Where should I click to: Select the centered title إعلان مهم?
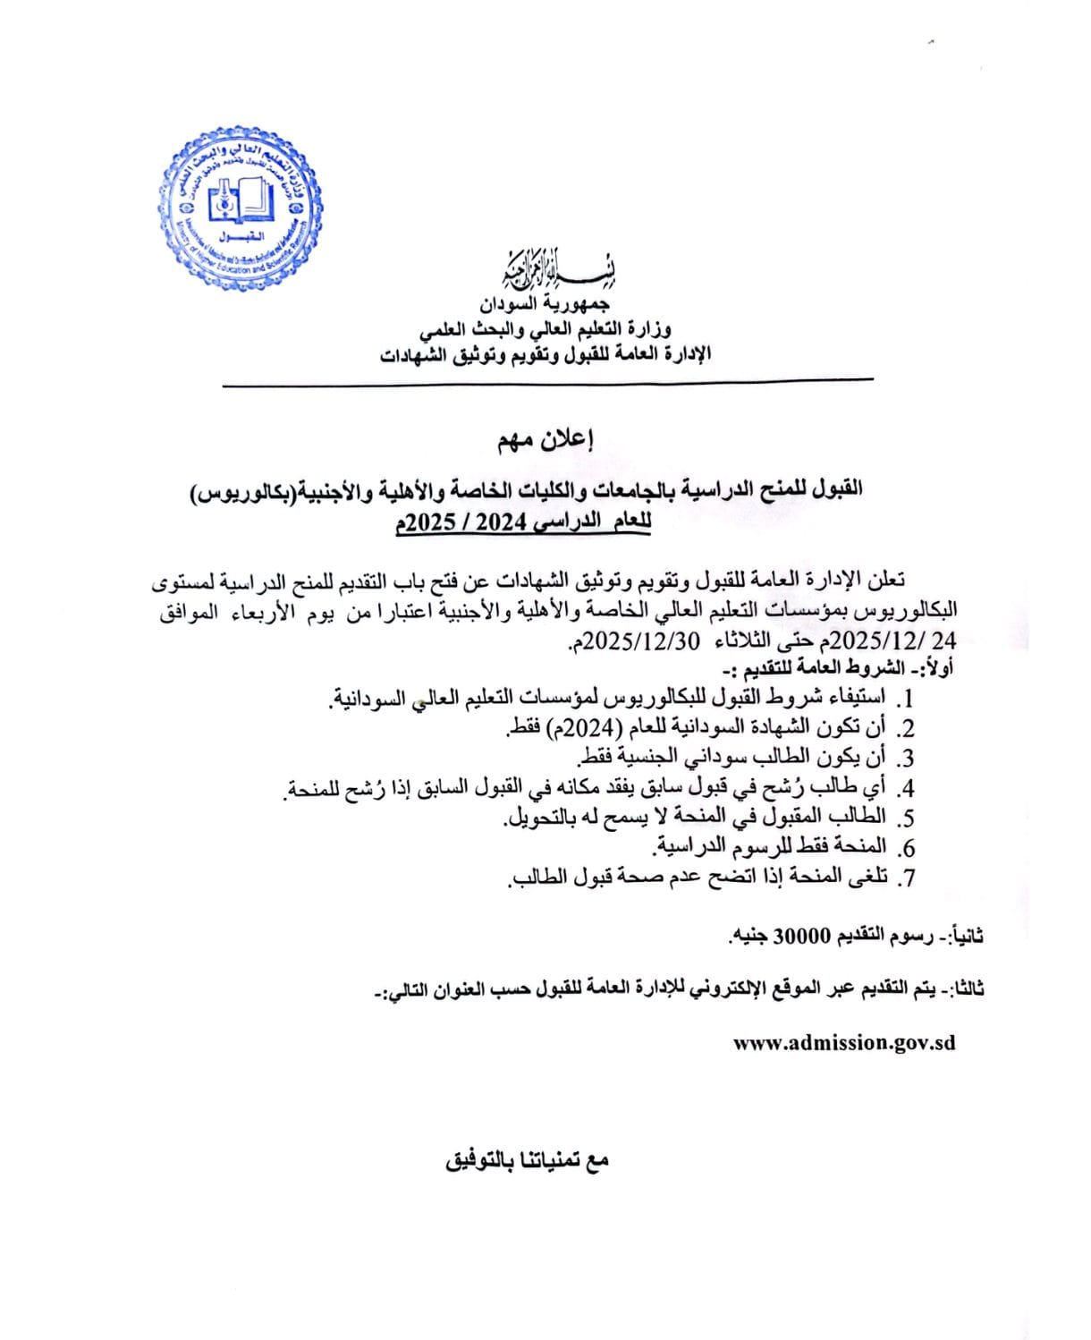[546, 440]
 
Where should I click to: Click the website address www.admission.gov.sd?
[843, 1043]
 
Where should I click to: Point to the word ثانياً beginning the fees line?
[968, 937]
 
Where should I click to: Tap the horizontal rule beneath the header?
[546, 383]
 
